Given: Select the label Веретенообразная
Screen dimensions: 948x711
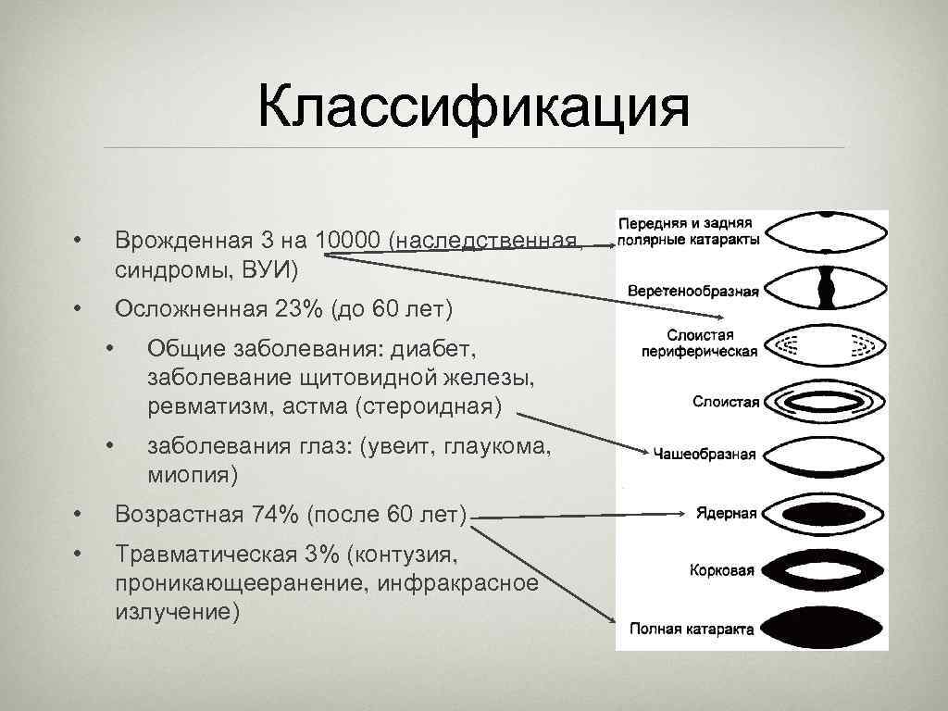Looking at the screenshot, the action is point(692,292).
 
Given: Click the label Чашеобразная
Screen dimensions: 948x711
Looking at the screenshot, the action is point(705,454).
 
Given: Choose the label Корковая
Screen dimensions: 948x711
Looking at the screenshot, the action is point(723,571).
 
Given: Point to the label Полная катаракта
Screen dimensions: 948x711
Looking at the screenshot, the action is point(691,629).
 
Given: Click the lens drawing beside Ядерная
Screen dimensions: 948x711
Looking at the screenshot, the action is point(828,513).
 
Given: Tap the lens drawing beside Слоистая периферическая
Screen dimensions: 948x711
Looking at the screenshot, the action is point(828,344).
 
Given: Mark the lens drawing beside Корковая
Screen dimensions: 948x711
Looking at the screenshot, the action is point(828,570).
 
